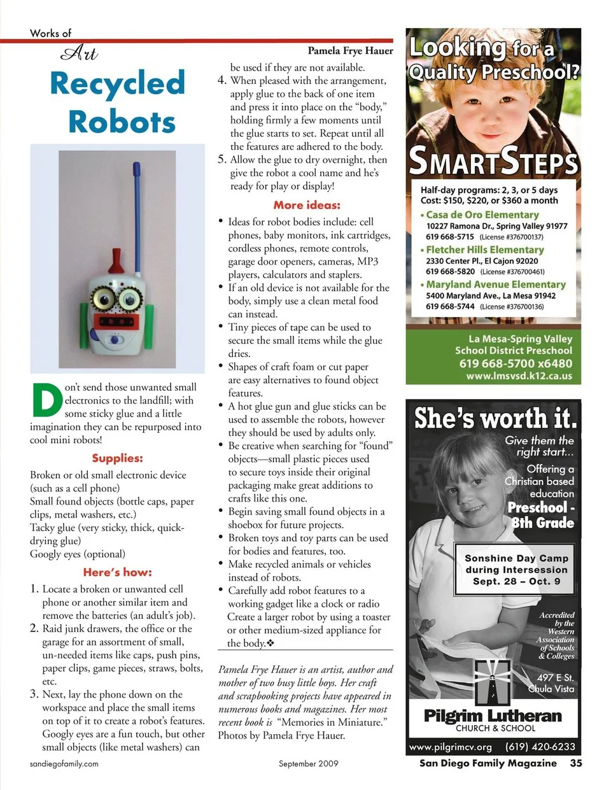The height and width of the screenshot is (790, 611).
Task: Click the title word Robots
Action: click(122, 122)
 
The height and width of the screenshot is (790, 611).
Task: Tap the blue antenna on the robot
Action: click(136, 204)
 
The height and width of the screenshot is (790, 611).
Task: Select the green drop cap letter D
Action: click(46, 401)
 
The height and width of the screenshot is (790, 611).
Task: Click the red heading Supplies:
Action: click(117, 458)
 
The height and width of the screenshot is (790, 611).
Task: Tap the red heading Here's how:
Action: click(117, 572)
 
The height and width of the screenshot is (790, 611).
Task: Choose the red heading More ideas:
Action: click(307, 205)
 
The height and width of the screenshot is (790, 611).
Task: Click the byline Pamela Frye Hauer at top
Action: click(350, 51)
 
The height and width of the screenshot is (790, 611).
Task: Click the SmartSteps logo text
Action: click(493, 160)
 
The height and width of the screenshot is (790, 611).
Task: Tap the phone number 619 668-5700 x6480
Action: click(516, 363)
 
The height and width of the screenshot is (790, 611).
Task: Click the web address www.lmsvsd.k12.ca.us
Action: click(519, 376)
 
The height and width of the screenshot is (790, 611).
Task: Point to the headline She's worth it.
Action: click(495, 418)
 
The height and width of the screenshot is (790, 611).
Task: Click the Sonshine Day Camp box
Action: click(516, 570)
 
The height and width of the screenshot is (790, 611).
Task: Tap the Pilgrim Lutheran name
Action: click(493, 716)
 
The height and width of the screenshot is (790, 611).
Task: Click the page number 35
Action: click(575, 763)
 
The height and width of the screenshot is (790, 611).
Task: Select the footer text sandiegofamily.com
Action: click(64, 763)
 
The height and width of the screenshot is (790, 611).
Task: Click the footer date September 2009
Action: click(308, 763)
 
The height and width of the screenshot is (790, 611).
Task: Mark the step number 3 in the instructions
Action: click(35, 694)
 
